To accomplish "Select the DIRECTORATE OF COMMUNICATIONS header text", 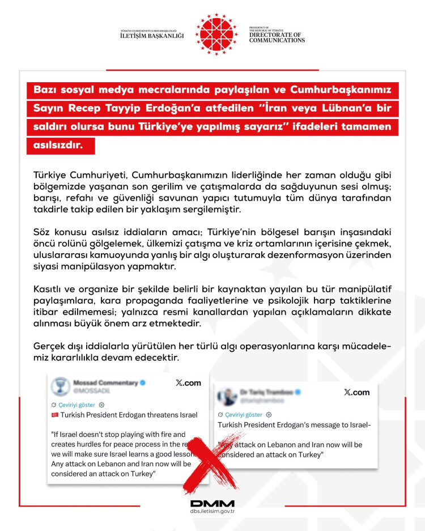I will pyautogui.click(x=277, y=37).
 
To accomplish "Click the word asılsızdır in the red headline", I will pyautogui.click(x=58, y=145).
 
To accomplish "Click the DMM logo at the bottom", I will pyautogui.click(x=212, y=503).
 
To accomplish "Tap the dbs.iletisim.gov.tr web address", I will pyautogui.click(x=212, y=512).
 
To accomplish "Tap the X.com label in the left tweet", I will pyautogui.click(x=189, y=383).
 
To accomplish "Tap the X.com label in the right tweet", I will pyautogui.click(x=357, y=392).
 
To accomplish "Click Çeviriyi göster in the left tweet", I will pyautogui.click(x=77, y=405).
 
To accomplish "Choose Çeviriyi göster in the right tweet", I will pyautogui.click(x=243, y=414).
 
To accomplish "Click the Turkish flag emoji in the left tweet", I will pyautogui.click(x=56, y=415).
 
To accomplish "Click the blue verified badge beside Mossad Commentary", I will pyautogui.click(x=143, y=383).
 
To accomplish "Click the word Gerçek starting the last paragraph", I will pyautogui.click(x=48, y=347).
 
